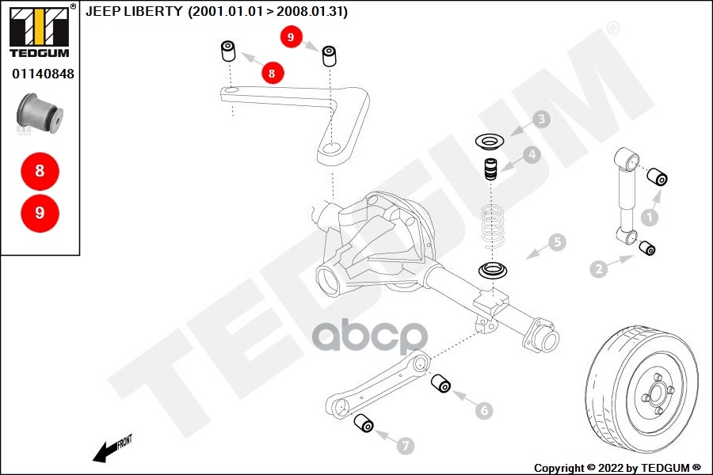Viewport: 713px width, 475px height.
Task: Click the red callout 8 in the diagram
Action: click(272, 73)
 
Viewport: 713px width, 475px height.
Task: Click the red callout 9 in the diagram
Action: click(291, 36)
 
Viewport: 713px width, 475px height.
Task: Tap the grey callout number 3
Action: click(541, 120)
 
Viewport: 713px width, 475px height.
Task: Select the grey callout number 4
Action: click(531, 155)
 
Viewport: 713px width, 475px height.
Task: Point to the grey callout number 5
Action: click(558, 242)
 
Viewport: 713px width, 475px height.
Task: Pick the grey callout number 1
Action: click(650, 215)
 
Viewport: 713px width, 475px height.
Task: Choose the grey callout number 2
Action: click(598, 269)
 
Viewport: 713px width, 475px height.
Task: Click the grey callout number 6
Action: click(484, 410)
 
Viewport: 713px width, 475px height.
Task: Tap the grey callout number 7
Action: click(405, 446)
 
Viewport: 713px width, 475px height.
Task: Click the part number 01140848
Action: click(43, 74)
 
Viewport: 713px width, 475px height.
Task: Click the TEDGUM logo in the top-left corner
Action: click(39, 31)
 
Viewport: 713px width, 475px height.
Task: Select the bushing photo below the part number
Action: click(40, 111)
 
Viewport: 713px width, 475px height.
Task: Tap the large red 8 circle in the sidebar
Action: click(40, 169)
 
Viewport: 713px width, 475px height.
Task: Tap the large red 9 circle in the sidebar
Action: click(40, 212)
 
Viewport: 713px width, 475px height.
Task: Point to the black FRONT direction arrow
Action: click(107, 451)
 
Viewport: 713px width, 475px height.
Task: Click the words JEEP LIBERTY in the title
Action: click(134, 12)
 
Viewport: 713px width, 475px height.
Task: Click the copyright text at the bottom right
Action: click(616, 468)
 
